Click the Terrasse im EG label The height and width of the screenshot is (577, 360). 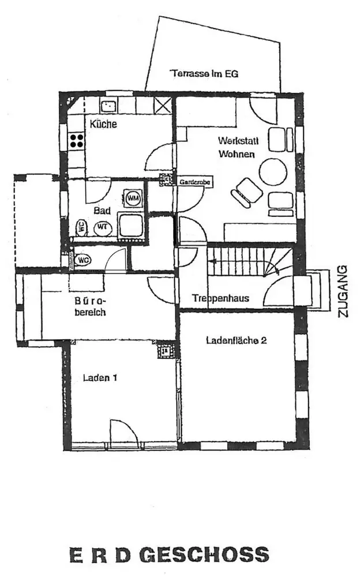(204, 74)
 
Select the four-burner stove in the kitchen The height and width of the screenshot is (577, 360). (76, 140)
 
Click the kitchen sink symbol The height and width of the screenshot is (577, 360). (108, 106)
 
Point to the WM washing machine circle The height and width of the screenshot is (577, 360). (133, 198)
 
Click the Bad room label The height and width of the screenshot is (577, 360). (102, 211)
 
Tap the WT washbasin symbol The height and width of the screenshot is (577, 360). (103, 227)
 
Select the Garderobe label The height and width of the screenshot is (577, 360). (194, 182)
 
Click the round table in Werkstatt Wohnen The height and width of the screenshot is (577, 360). (273, 171)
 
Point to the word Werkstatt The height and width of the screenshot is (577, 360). (236, 140)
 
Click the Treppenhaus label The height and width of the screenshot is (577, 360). (221, 298)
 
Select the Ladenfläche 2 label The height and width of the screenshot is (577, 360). (236, 340)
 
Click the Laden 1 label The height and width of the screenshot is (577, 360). (100, 379)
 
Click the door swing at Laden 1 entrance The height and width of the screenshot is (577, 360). (121, 432)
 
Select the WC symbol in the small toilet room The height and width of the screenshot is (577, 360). (82, 260)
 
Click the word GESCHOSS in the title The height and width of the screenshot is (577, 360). (204, 555)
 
